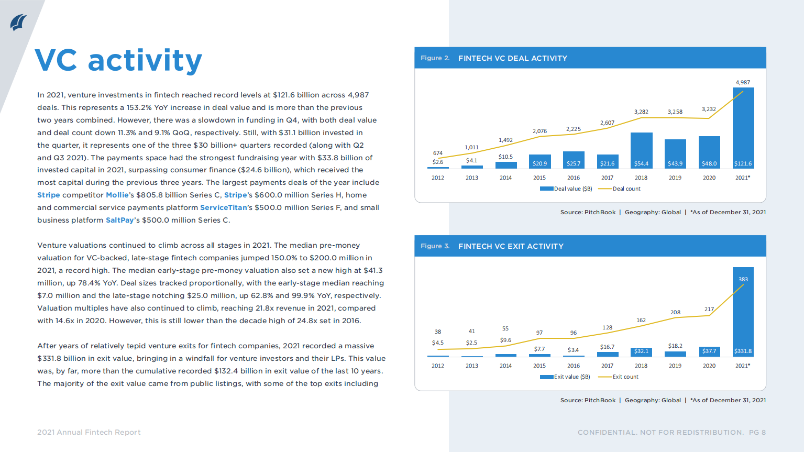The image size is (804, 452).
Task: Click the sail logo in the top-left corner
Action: click(18, 23)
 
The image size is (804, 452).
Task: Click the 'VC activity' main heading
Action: click(118, 60)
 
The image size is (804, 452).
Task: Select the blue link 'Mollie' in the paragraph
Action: click(117, 195)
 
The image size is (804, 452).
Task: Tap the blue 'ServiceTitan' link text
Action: click(223, 207)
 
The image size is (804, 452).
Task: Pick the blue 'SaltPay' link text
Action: click(119, 220)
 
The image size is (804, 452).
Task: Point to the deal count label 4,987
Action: click(743, 82)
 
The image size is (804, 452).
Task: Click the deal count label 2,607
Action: click(607, 123)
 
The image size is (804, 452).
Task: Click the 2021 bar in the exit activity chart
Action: click(743, 314)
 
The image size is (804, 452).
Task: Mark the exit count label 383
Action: click(743, 279)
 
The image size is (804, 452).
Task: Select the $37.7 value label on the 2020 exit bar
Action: click(709, 351)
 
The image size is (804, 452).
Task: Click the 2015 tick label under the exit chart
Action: click(539, 366)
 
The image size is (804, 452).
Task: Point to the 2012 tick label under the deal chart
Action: click(438, 178)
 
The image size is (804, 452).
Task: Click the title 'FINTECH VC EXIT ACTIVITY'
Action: click(511, 246)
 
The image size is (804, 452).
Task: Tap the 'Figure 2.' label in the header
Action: click(435, 58)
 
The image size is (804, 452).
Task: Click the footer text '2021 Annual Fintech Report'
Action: click(89, 432)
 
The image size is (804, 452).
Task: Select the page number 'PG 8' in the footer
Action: click(757, 432)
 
